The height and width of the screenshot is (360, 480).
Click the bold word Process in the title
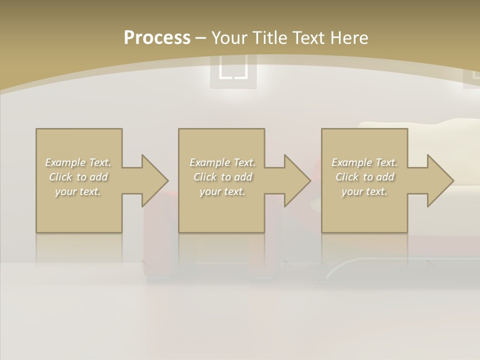pyautogui.click(x=157, y=38)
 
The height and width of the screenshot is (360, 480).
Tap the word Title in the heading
pyautogui.click(x=269, y=38)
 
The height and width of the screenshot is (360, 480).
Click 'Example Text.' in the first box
pyautogui.click(x=78, y=162)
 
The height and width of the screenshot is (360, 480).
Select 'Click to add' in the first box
pyautogui.click(x=78, y=177)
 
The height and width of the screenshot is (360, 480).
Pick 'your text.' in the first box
pyautogui.click(x=78, y=191)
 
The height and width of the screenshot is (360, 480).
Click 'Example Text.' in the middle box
pyautogui.click(x=222, y=162)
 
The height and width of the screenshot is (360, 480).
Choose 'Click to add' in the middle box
pyautogui.click(x=222, y=177)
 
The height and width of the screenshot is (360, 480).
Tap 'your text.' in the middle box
pyautogui.click(x=222, y=191)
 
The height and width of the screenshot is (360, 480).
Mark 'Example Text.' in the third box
pyautogui.click(x=364, y=162)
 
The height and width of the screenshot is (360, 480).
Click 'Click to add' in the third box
pyautogui.click(x=364, y=177)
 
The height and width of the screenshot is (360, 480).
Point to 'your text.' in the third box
pyautogui.click(x=364, y=191)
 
